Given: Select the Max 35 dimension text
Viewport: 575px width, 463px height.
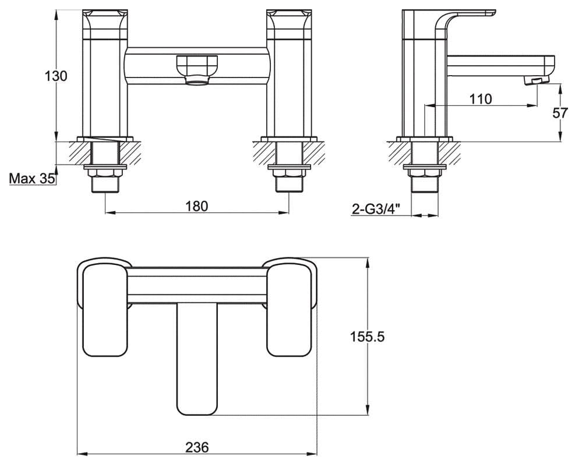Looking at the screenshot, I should click(x=31, y=179).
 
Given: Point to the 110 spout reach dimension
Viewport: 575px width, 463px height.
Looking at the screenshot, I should click(x=481, y=99).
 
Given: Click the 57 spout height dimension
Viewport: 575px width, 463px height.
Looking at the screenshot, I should click(x=560, y=113).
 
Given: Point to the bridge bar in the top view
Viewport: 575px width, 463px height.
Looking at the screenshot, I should click(x=196, y=284).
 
